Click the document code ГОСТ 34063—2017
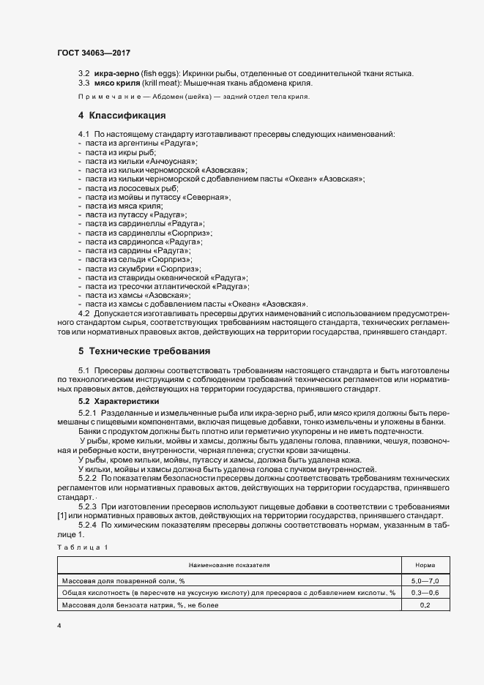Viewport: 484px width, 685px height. [x=94, y=53]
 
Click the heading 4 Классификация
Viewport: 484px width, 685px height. [x=122, y=116]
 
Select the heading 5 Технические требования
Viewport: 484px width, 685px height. [x=138, y=351]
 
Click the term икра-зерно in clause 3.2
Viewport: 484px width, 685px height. [x=116, y=72]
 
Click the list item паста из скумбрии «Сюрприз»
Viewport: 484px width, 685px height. [x=143, y=269]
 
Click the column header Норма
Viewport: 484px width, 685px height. [x=425, y=565]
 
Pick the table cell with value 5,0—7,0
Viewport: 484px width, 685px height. [x=425, y=580]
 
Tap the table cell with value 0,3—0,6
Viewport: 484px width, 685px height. [x=425, y=593]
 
